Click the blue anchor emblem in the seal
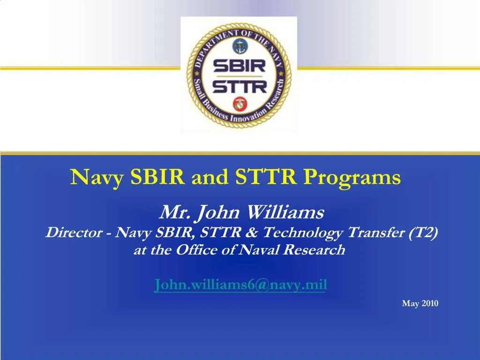click(240, 46)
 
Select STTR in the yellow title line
click(266, 177)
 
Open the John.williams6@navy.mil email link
click(240, 285)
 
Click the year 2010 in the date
click(430, 304)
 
